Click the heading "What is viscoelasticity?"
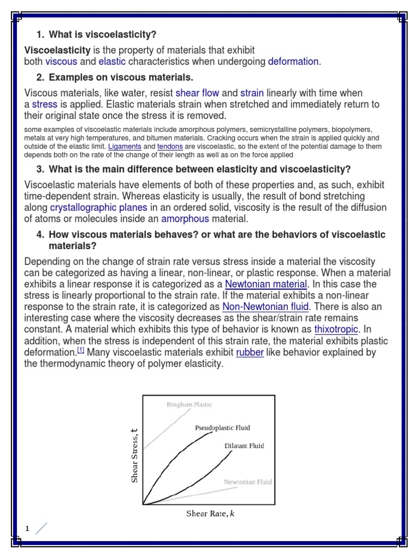(102, 35)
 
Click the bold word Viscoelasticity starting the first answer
(57, 50)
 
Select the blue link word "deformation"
(293, 62)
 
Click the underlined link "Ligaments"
(125, 147)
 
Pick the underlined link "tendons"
(170, 147)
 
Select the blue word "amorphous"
(185, 219)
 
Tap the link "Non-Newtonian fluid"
(266, 307)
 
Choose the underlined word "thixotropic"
(336, 330)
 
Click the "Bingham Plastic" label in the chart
(189, 405)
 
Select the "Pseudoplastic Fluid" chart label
(223, 428)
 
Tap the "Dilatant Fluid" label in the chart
(244, 446)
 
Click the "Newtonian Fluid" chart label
(248, 482)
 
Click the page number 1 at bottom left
(26, 528)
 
